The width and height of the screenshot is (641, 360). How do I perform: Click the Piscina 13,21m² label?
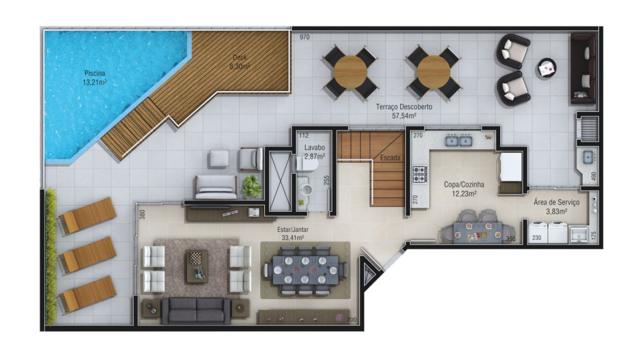point(95,78)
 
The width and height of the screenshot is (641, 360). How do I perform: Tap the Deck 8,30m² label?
point(240,62)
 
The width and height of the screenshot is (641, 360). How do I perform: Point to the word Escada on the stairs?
point(390,158)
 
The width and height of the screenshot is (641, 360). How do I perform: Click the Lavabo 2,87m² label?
point(314,152)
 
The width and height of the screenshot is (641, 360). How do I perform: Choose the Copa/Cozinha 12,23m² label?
point(464,189)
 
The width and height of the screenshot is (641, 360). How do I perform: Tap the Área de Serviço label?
point(556,202)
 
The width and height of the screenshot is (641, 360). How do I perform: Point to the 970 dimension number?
point(305,37)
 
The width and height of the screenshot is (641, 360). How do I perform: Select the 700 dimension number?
point(352,320)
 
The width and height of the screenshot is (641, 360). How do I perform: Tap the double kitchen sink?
point(459,141)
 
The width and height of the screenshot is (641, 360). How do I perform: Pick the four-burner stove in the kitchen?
point(420,174)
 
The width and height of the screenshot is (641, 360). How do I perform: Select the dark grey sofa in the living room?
point(196,311)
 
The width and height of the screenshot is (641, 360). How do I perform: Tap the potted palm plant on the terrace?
point(252,186)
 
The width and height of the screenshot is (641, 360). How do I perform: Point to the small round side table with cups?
point(547,68)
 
